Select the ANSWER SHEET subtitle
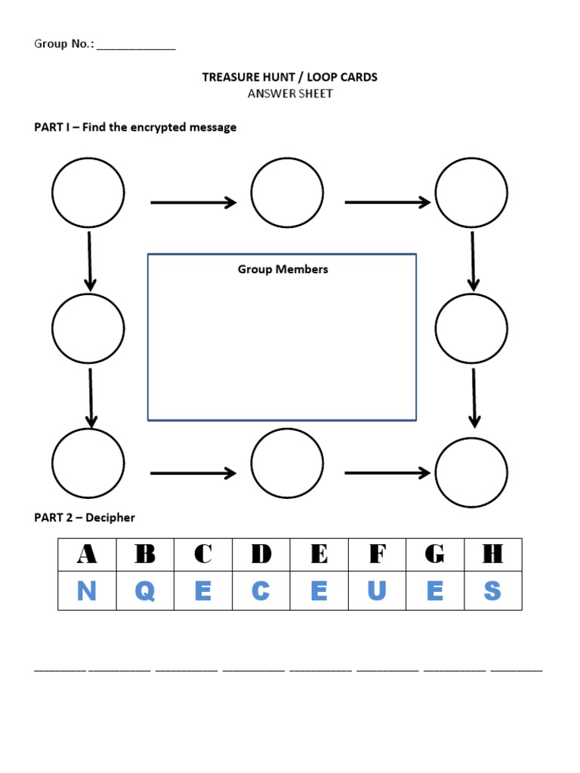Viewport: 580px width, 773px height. [290, 94]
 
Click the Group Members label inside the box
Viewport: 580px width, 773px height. [282, 269]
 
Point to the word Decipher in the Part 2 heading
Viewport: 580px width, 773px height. [110, 517]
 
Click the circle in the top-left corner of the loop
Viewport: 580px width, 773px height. [88, 192]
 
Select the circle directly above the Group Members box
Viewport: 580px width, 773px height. [287, 192]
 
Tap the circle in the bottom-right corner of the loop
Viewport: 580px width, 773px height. [471, 473]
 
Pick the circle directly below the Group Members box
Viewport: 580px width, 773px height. [287, 463]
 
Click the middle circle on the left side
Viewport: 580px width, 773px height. [88, 328]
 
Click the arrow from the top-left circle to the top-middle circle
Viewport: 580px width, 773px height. [193, 202]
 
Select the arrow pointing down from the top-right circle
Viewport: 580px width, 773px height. [473, 261]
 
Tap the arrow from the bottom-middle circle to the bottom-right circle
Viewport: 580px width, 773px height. [387, 473]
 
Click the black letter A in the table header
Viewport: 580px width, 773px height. [87, 554]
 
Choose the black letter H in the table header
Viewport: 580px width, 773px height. [492, 554]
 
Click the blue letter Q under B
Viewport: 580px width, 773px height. [145, 591]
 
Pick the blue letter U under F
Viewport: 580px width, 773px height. [377, 591]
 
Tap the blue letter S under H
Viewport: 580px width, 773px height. [492, 591]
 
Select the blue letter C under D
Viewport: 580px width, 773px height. [261, 591]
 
